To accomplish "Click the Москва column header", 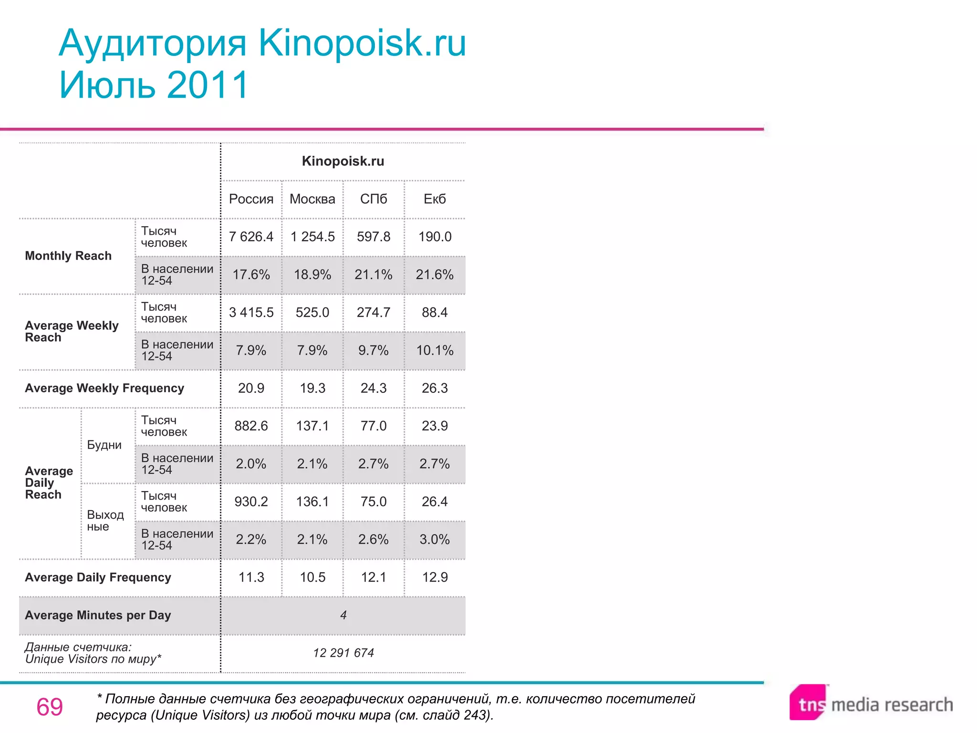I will click(312, 199).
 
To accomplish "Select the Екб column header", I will click(435, 199).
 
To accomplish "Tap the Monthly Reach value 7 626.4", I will click(251, 237).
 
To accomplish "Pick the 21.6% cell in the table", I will click(435, 274).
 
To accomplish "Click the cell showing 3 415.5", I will click(251, 313).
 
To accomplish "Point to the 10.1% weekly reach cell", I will click(435, 350).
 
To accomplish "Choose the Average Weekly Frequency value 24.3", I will click(374, 388).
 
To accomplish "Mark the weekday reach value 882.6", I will click(251, 426).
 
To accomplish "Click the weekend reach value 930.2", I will click(251, 502).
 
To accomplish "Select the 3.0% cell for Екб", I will click(435, 539).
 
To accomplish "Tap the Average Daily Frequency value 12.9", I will click(435, 577).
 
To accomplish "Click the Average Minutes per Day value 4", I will click(343, 615).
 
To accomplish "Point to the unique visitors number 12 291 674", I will click(343, 653).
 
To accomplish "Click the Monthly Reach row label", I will click(68, 256).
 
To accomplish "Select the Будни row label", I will click(104, 445).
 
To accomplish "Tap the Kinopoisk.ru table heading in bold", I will click(343, 161).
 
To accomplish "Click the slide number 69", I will click(50, 707).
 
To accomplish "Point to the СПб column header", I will click(374, 199).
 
